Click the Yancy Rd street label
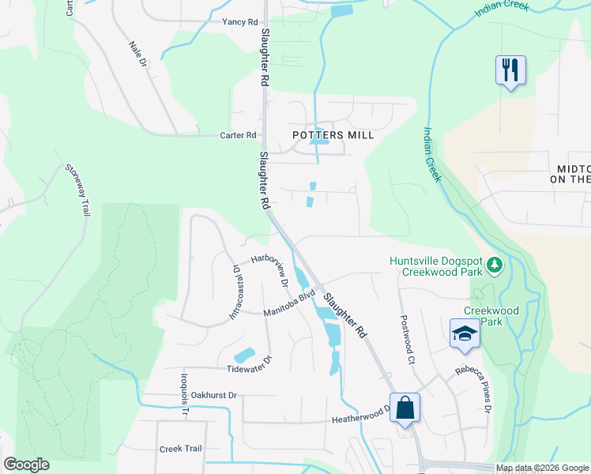(x=240, y=21)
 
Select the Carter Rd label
(x=239, y=135)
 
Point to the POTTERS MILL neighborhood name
(x=333, y=135)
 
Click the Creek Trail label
(x=181, y=449)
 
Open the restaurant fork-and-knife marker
(x=510, y=70)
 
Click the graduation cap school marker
(x=465, y=333)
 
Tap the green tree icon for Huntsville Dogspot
(x=495, y=264)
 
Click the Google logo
(x=26, y=465)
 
